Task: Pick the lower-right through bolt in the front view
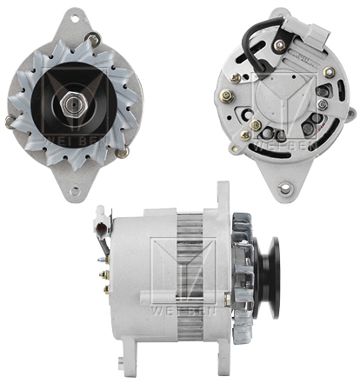point(123,150)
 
